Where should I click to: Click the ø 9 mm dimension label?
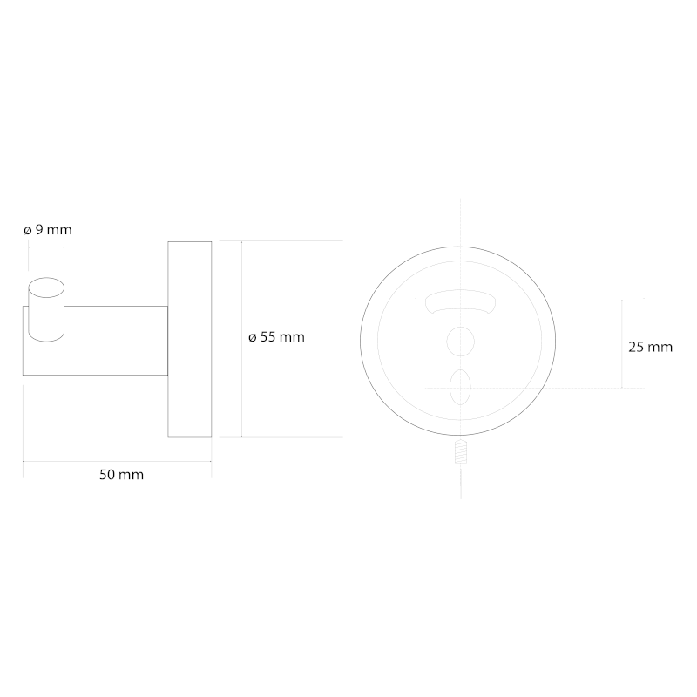(48, 230)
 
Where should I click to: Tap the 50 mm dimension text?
(121, 475)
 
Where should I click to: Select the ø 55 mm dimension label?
(276, 337)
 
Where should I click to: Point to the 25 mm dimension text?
(650, 347)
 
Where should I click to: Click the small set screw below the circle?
(461, 451)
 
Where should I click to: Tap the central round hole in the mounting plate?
(461, 342)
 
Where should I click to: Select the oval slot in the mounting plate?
(460, 387)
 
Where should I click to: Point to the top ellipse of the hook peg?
(46, 288)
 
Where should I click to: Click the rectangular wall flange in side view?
(190, 340)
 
